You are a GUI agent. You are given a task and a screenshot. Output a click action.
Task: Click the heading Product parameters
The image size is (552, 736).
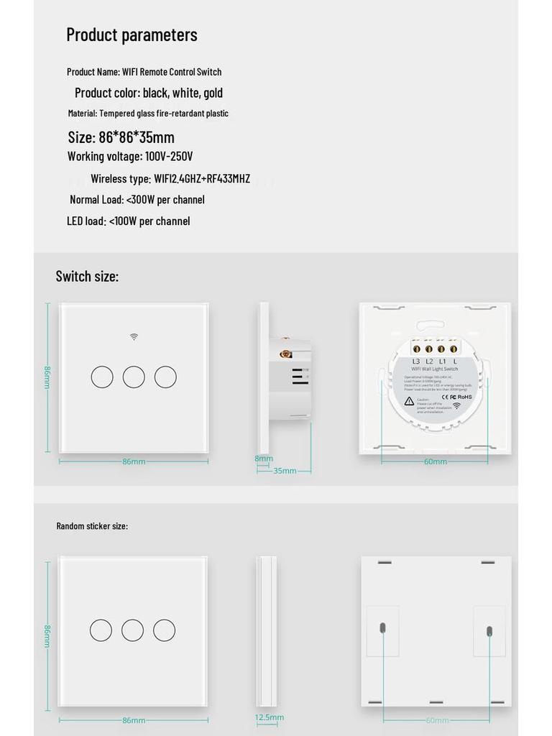[x=132, y=34]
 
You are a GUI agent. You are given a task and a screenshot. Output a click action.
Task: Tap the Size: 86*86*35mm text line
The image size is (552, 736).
[x=121, y=137]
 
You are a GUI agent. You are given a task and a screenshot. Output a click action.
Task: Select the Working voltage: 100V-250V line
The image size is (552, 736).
[x=130, y=156]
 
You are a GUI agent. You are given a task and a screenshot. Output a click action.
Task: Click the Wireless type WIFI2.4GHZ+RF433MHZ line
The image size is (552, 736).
[x=170, y=178]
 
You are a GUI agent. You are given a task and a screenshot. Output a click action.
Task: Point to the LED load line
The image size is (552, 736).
[x=129, y=221]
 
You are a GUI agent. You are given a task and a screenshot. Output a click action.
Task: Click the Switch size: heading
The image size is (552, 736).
[x=87, y=276]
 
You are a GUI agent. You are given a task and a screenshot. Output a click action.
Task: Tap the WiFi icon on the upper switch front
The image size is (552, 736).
[x=134, y=336]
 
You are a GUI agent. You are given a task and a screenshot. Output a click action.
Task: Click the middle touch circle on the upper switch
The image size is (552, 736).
[x=134, y=377]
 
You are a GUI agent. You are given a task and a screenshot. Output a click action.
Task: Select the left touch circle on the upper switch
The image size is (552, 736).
[x=102, y=377]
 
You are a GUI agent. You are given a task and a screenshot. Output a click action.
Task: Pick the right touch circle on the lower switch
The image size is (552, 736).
[x=165, y=630]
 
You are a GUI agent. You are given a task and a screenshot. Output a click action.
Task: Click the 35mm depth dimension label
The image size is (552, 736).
[x=285, y=471]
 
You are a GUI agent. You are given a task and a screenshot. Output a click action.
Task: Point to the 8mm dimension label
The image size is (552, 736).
[x=264, y=459]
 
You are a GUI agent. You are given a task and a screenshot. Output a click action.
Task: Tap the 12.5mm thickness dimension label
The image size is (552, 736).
[x=270, y=717]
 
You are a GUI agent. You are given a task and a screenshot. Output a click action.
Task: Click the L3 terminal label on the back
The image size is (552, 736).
[x=416, y=361]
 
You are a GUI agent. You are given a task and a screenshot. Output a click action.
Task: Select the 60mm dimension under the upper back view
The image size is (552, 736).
[x=435, y=461]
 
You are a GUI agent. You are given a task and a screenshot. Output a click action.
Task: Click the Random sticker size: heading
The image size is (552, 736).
[x=92, y=526]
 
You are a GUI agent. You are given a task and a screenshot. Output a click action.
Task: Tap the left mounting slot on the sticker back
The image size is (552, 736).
[x=382, y=627]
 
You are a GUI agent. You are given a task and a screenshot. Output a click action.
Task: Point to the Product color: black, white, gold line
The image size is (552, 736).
[x=149, y=93]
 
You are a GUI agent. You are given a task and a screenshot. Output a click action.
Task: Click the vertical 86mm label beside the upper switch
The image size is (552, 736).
[x=47, y=377]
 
